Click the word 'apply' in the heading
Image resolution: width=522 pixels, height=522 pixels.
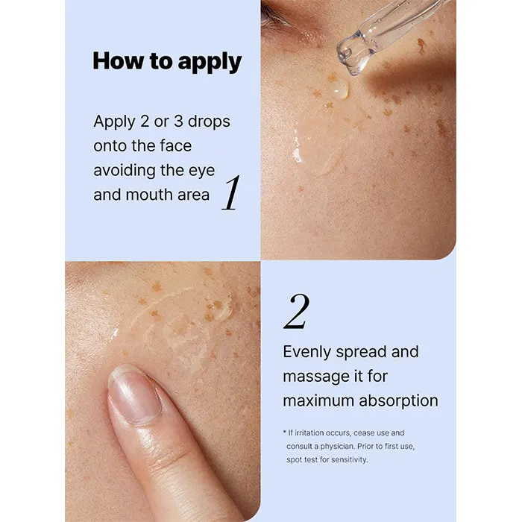click(210, 62)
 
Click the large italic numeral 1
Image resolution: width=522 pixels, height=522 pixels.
click(231, 193)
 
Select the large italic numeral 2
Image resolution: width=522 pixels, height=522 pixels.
click(297, 312)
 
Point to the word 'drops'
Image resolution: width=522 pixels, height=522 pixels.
click(209, 121)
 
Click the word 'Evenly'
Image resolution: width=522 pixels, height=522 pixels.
click(307, 353)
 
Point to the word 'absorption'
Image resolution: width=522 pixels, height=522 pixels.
click(399, 401)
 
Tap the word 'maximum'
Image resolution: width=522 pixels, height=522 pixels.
click(318, 401)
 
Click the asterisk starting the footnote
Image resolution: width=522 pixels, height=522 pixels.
click(285, 432)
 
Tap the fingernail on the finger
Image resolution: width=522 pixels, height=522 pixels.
click(134, 395)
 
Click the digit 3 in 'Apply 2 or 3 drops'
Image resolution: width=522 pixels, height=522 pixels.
click(178, 121)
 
